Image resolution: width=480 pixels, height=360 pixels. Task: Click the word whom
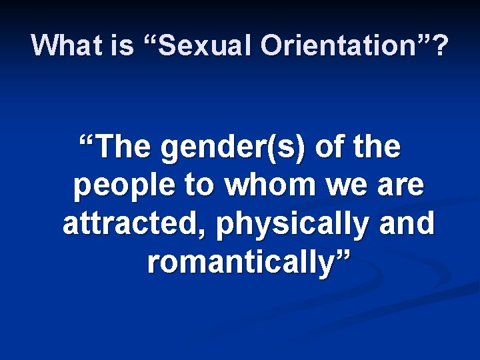(x=266, y=186)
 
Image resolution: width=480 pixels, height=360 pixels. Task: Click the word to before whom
(x=197, y=186)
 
